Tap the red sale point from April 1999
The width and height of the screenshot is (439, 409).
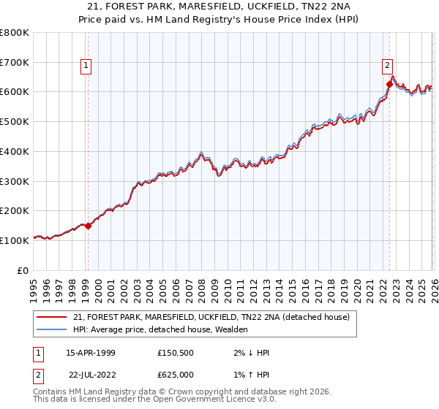coord(88,226)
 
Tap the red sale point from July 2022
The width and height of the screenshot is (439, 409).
coord(389,84)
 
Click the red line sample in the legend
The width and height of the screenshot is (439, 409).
coord(52,317)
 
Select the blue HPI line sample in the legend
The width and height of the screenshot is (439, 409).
coord(52,329)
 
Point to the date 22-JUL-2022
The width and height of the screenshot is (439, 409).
coord(94,375)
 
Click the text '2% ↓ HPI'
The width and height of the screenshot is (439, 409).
coord(250,353)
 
